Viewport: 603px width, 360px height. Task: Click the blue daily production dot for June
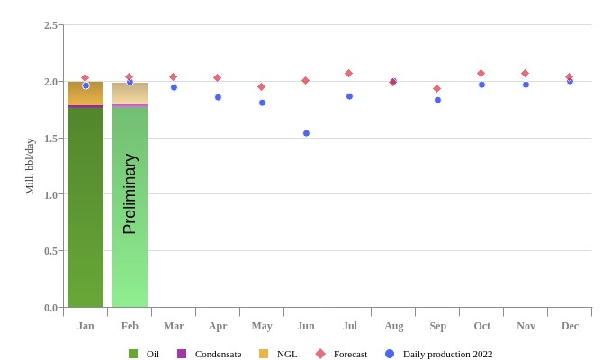pos(306,133)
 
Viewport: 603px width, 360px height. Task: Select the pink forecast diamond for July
pos(349,74)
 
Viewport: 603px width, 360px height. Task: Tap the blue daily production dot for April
pos(218,97)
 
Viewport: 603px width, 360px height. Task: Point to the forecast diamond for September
pos(437,89)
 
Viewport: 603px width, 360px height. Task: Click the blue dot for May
pos(262,103)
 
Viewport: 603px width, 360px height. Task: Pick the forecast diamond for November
pos(526,74)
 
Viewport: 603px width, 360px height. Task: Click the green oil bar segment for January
pos(85,207)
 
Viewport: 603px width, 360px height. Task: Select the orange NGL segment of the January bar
pos(85,94)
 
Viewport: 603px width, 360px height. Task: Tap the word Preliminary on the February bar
pos(130,193)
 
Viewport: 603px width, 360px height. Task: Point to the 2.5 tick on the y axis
pos(50,25)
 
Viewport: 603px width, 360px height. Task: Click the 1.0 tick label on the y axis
pos(50,194)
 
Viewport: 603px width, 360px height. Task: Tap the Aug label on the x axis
pos(393,326)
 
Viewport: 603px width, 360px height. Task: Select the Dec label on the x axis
pos(570,326)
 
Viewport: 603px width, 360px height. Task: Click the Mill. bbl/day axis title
pos(30,166)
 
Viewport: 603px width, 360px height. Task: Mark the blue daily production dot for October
pos(481,85)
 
